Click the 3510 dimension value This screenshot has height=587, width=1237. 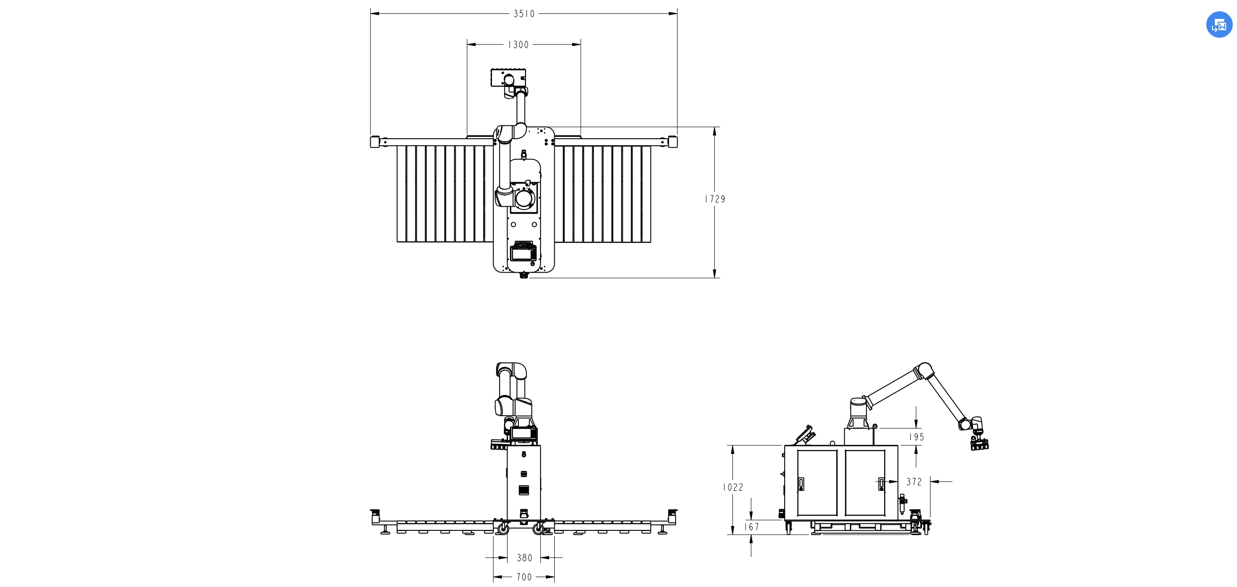[x=524, y=14]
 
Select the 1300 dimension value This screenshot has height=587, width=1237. [x=518, y=45]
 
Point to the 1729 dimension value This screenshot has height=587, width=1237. [x=715, y=199]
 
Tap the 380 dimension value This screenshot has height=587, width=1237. [x=525, y=558]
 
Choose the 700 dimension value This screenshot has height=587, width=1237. [x=524, y=577]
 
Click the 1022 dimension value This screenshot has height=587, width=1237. [x=733, y=487]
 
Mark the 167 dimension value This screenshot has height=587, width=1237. [x=752, y=527]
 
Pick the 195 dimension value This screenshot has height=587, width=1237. [x=916, y=437]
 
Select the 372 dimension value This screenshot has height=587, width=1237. [x=915, y=481]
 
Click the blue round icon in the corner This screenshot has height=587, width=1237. [x=1219, y=25]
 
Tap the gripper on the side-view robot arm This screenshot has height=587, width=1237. [x=979, y=443]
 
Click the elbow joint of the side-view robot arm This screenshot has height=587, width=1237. [x=924, y=371]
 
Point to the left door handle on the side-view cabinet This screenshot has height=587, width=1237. [x=800, y=483]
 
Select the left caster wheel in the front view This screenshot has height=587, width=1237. [x=502, y=529]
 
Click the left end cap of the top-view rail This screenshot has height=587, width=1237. [x=375, y=142]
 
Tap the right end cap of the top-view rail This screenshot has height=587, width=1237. [x=672, y=142]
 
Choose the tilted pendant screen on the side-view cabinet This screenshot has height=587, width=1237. [x=805, y=435]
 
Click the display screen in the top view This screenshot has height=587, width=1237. [x=523, y=252]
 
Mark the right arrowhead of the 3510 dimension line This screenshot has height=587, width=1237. [x=673, y=13]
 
